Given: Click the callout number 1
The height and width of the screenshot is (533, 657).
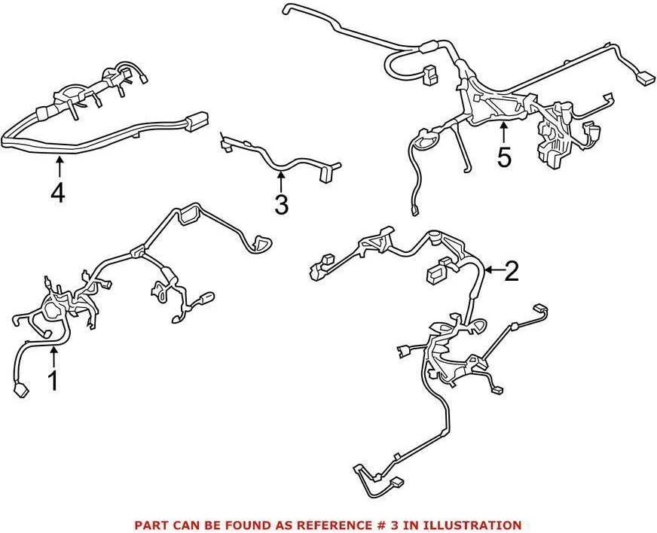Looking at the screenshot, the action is click(x=53, y=380).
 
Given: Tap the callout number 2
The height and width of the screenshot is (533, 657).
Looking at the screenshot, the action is click(x=512, y=271).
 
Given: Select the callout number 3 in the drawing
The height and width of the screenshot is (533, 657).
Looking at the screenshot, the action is click(x=281, y=205).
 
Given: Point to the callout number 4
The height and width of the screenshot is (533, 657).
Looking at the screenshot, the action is click(x=57, y=193).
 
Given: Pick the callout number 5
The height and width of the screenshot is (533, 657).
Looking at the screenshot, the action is click(x=504, y=158).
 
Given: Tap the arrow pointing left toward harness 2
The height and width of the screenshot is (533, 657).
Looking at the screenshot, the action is click(x=494, y=270).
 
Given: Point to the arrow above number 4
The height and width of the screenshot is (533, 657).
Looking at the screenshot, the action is click(x=60, y=167).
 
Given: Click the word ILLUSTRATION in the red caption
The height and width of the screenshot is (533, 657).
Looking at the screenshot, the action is click(x=472, y=525).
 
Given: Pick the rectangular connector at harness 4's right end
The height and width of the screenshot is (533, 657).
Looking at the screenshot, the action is click(x=196, y=120).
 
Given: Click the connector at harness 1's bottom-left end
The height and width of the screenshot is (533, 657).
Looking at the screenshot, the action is click(x=21, y=391).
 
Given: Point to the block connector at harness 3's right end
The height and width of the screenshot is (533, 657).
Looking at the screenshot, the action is click(x=325, y=175).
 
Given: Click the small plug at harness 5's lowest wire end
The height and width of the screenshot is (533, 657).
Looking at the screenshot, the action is click(x=414, y=209).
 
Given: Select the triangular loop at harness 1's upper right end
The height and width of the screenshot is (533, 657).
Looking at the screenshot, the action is click(x=260, y=244).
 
